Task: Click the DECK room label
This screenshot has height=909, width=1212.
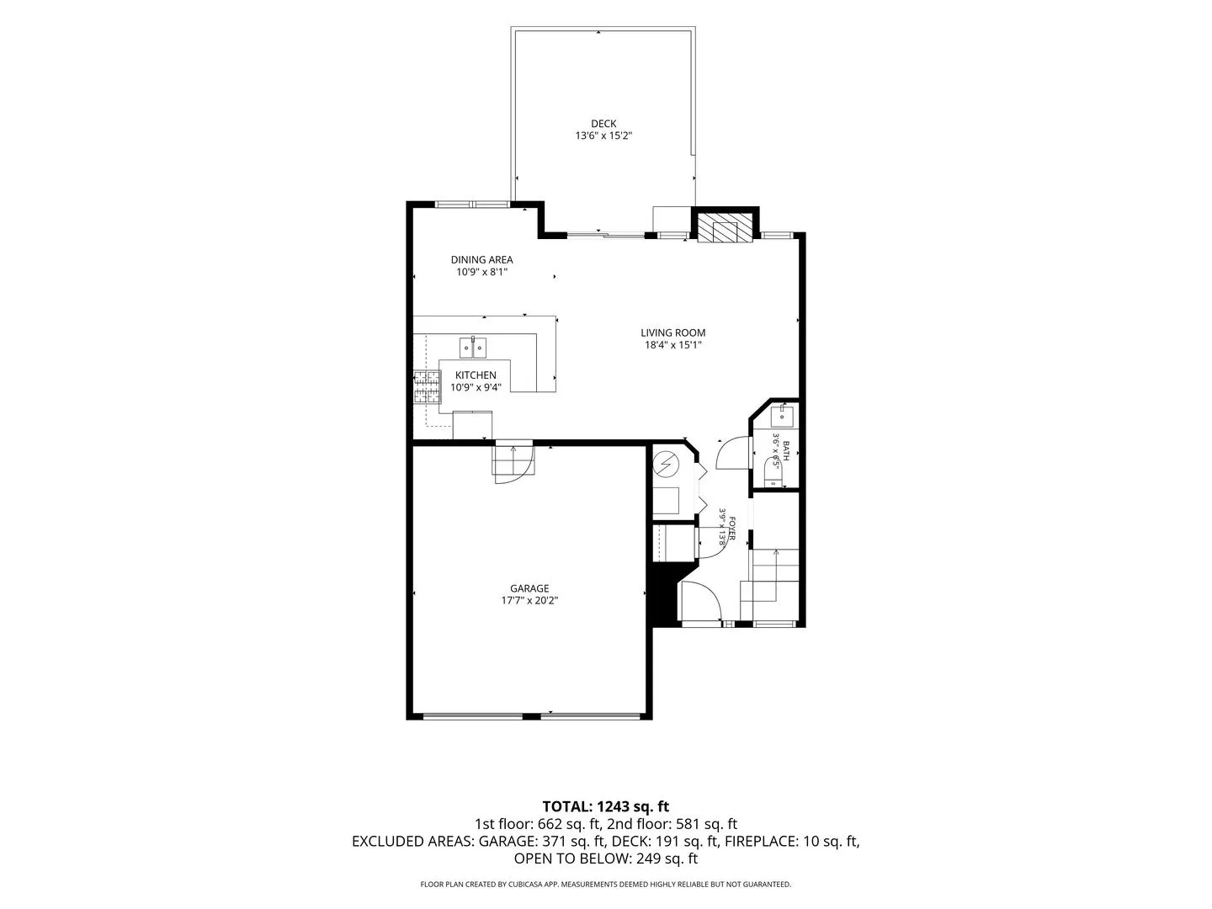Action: (x=603, y=124)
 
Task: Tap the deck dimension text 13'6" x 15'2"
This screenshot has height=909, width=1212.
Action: (x=603, y=136)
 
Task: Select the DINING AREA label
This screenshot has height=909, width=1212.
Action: (x=481, y=259)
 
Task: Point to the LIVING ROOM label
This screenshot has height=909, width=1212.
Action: (x=672, y=332)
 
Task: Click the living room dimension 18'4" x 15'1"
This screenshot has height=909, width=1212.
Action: (x=672, y=345)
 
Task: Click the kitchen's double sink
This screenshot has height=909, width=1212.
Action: (x=473, y=348)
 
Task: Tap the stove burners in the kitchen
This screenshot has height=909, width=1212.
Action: (x=428, y=386)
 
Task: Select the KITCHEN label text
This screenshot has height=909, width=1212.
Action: (x=476, y=375)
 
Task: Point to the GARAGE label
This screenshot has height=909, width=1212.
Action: (x=529, y=589)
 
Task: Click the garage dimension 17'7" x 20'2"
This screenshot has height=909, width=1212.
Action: (x=529, y=601)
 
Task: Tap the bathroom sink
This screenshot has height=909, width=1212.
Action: (x=782, y=416)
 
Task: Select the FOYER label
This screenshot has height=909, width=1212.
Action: (x=732, y=529)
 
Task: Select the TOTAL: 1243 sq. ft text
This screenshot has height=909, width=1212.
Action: (x=605, y=807)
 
